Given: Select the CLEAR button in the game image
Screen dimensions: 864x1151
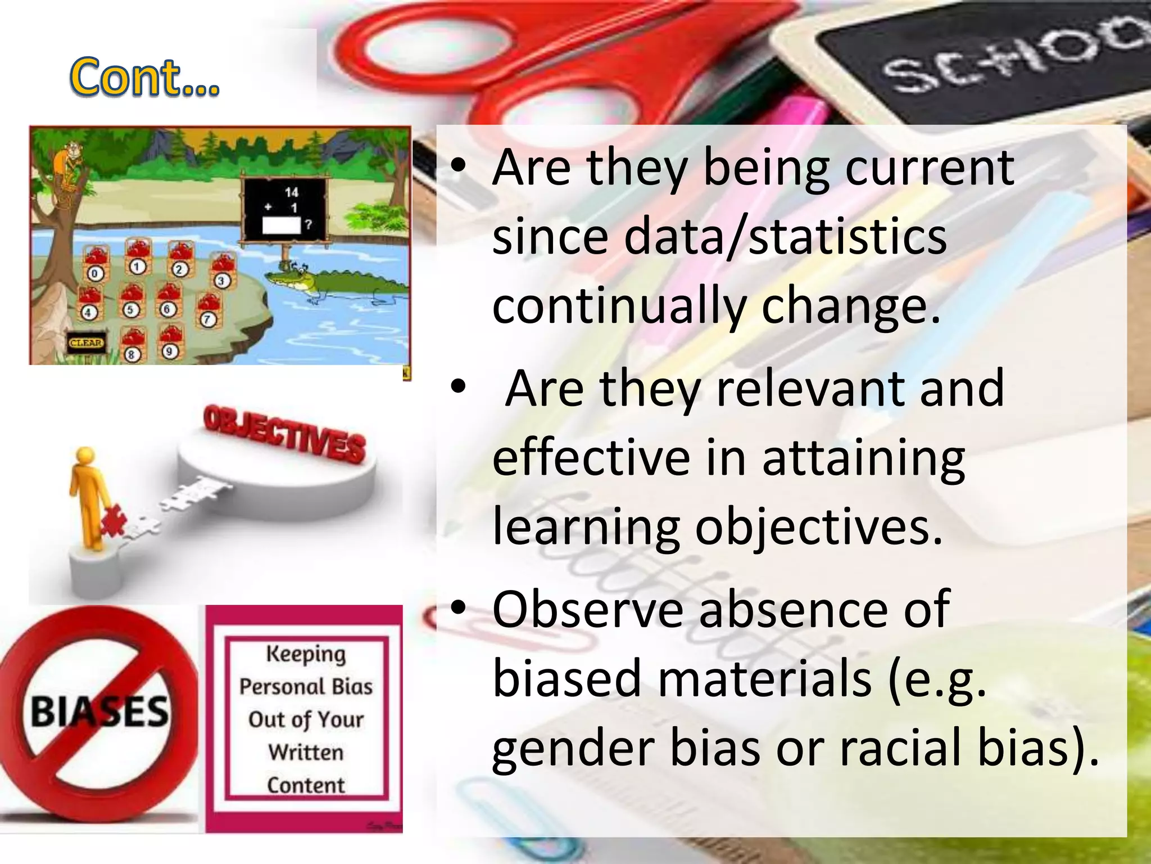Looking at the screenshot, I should (86, 343).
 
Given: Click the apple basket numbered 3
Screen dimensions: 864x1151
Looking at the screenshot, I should (221, 271).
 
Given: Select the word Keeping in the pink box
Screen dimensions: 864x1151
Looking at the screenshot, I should (306, 655).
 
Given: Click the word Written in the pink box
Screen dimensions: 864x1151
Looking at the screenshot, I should (306, 753).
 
